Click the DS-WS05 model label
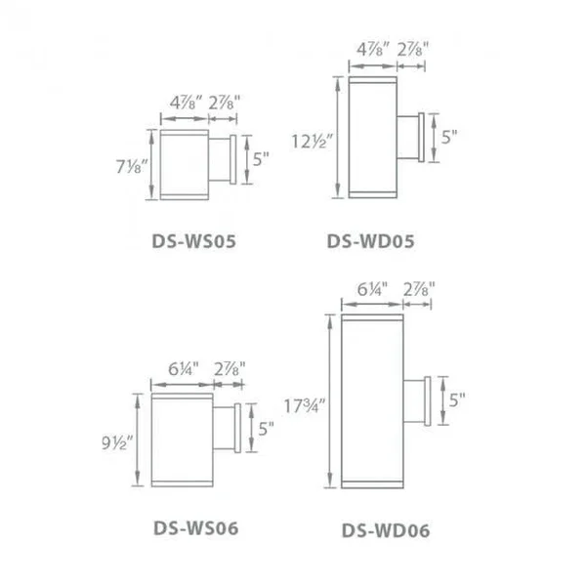(x=194, y=241)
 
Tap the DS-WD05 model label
(x=371, y=241)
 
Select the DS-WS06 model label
(x=196, y=528)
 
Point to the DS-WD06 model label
(x=386, y=530)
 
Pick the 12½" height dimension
(x=312, y=142)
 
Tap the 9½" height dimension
(x=117, y=442)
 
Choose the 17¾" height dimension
(x=305, y=406)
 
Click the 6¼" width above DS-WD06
(x=372, y=289)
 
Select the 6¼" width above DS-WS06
(x=184, y=369)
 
